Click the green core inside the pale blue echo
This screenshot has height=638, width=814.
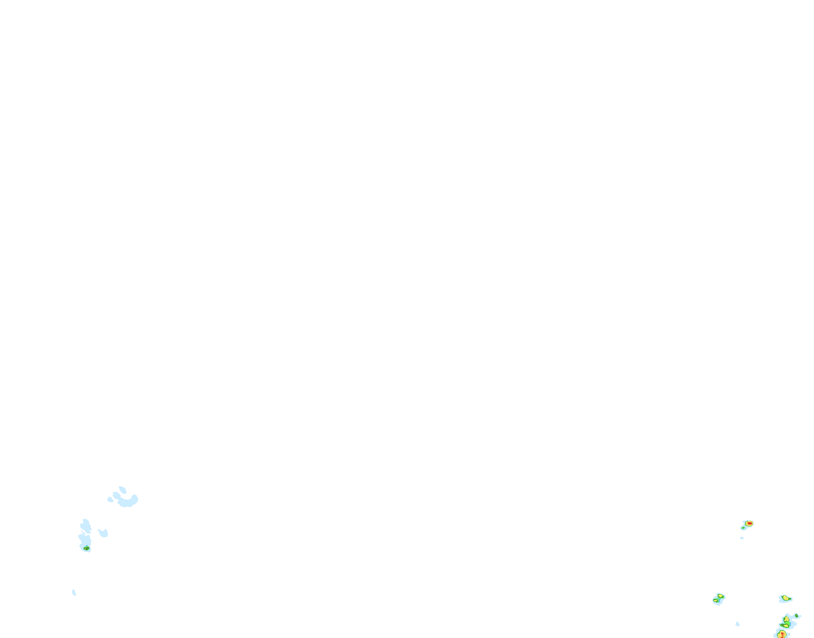click(x=87, y=548)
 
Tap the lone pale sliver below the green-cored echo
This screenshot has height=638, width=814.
click(x=74, y=593)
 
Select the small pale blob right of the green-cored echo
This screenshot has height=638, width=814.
click(x=104, y=533)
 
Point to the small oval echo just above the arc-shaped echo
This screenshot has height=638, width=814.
click(x=122, y=489)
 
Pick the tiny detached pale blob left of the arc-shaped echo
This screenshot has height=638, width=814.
click(x=110, y=499)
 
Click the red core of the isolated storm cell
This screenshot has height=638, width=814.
click(x=749, y=523)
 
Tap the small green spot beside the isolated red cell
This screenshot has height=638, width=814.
click(x=743, y=528)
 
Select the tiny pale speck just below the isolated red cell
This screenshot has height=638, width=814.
click(x=742, y=538)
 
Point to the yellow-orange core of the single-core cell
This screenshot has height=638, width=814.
click(x=785, y=597)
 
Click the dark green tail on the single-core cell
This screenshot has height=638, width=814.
click(x=790, y=599)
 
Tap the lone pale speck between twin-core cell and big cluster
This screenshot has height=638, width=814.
click(x=737, y=624)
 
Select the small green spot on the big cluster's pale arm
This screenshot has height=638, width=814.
click(x=797, y=616)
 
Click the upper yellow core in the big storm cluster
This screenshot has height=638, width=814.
click(x=787, y=619)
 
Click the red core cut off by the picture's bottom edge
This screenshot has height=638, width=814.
click(x=782, y=634)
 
